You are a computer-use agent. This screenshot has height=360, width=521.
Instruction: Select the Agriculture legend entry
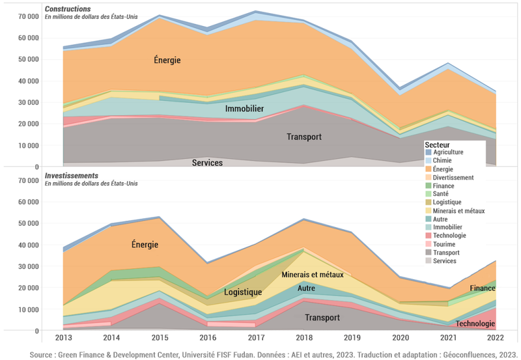[x=447, y=152]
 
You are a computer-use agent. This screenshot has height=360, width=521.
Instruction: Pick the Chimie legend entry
[x=444, y=161]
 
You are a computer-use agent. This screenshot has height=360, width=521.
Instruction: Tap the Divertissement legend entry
[x=453, y=177]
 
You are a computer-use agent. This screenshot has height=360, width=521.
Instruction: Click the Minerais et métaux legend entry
[x=458, y=211]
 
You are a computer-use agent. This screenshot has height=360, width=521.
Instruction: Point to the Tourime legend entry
[x=445, y=244]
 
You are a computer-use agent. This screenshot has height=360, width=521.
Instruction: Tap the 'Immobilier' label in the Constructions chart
[x=244, y=109]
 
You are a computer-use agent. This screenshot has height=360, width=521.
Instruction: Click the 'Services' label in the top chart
[x=207, y=163]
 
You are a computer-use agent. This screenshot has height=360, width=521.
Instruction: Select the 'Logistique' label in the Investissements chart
[x=243, y=292]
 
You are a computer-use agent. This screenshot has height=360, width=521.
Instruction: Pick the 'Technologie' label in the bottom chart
[x=475, y=324]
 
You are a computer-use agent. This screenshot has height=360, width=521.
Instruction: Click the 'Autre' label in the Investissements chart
[x=305, y=288]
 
